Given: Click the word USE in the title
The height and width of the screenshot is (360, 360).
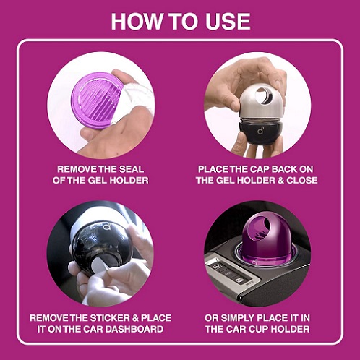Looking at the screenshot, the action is tap(228, 21).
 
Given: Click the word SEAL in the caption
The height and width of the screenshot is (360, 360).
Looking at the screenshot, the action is tap(132, 169).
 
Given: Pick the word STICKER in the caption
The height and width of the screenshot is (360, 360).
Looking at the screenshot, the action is tap(110, 318).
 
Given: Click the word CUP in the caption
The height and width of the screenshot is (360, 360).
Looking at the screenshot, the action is tap(258, 329).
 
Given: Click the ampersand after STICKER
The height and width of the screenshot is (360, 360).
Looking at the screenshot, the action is tap(135, 318).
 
